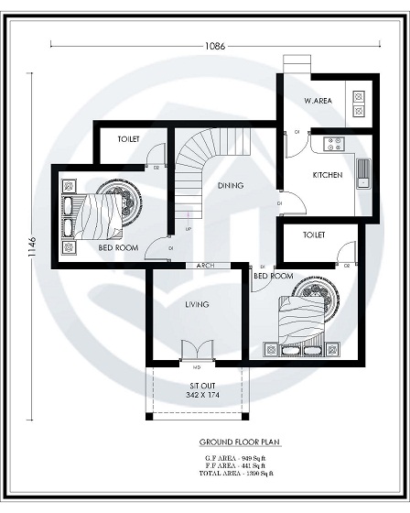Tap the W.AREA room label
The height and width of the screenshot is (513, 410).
[x=318, y=100]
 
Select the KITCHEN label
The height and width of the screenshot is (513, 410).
[x=327, y=174]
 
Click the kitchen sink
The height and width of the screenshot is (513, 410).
[x=362, y=172]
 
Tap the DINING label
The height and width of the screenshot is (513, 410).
[x=230, y=186]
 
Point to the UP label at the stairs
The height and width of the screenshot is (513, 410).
[x=189, y=228]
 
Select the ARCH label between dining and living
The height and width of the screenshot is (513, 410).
[x=206, y=266]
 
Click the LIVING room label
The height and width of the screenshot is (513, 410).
[x=197, y=304]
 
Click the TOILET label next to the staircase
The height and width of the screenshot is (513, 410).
[x=128, y=139]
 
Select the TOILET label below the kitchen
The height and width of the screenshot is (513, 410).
[x=314, y=235]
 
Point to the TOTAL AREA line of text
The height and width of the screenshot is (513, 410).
[x=239, y=473]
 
